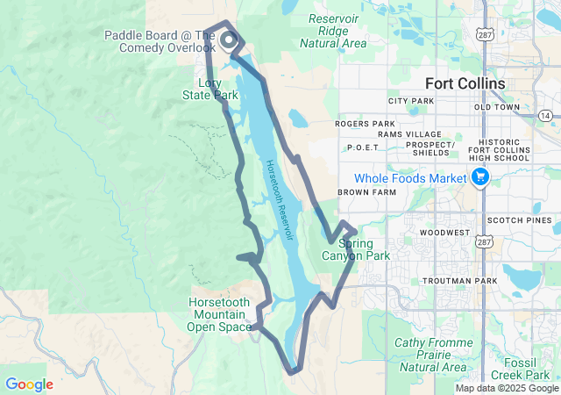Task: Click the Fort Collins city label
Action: click(x=465, y=83)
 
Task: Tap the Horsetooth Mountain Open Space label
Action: click(x=220, y=314)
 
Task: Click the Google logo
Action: click(x=29, y=384)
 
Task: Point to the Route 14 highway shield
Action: click(x=545, y=116)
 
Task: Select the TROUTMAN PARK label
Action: click(x=459, y=281)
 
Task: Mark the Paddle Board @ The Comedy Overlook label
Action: click(x=160, y=41)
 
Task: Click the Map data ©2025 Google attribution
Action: click(x=507, y=388)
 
